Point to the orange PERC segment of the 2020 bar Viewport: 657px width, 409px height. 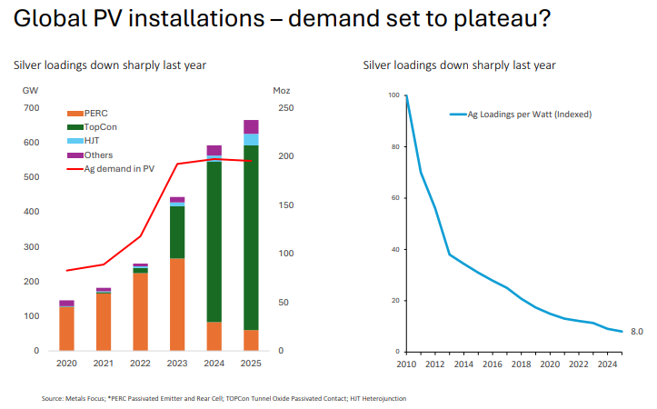click(66, 328)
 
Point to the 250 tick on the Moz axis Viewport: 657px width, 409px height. click(284, 108)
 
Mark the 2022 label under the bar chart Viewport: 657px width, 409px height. click(140, 363)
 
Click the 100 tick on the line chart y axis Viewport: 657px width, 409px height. click(393, 95)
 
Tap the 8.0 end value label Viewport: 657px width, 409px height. click(637, 332)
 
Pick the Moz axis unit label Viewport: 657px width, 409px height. click(282, 90)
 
